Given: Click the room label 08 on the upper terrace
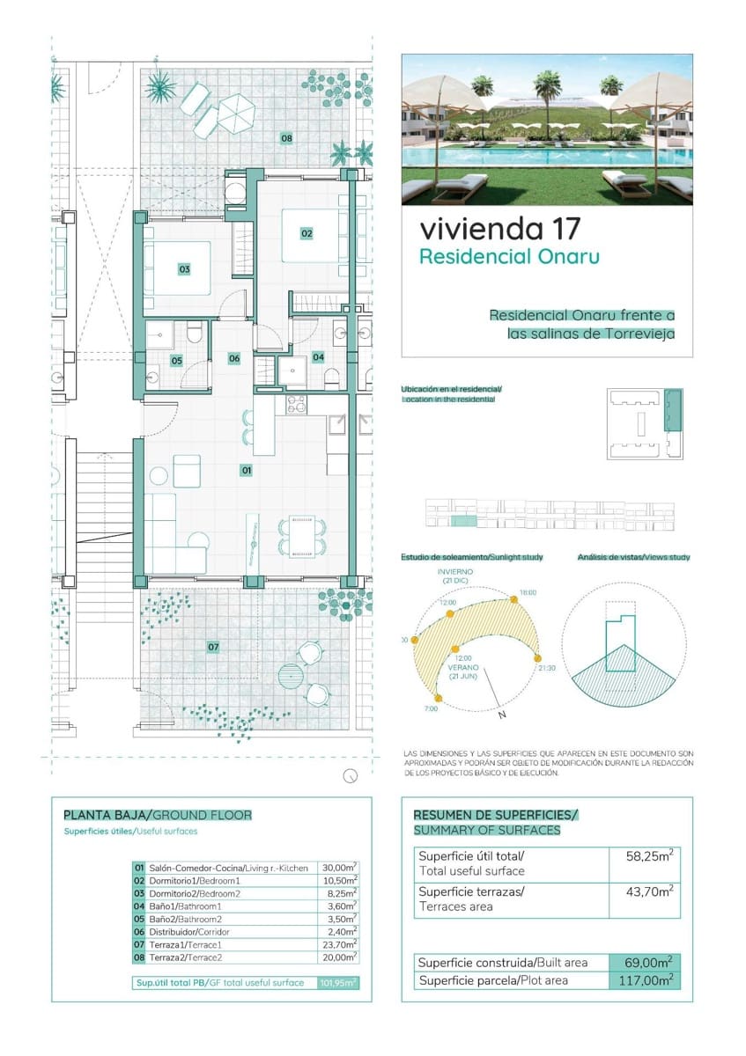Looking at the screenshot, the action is pos(286,137).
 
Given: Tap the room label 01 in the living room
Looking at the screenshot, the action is pos(247,471).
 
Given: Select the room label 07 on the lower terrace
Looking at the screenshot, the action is pos(213,647).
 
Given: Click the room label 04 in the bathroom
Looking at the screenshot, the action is pos(318,356).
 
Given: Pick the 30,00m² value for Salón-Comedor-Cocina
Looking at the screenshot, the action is pos(338,868).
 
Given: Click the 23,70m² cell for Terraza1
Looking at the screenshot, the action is pos(338,943).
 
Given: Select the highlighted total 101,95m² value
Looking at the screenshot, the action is pos(338,983).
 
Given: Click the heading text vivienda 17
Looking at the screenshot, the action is pos(500,229).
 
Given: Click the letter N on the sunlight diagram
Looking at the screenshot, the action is pos(502,715).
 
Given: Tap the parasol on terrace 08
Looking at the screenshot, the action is pos(235,111).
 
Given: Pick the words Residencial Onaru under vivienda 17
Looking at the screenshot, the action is pos(509,257).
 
